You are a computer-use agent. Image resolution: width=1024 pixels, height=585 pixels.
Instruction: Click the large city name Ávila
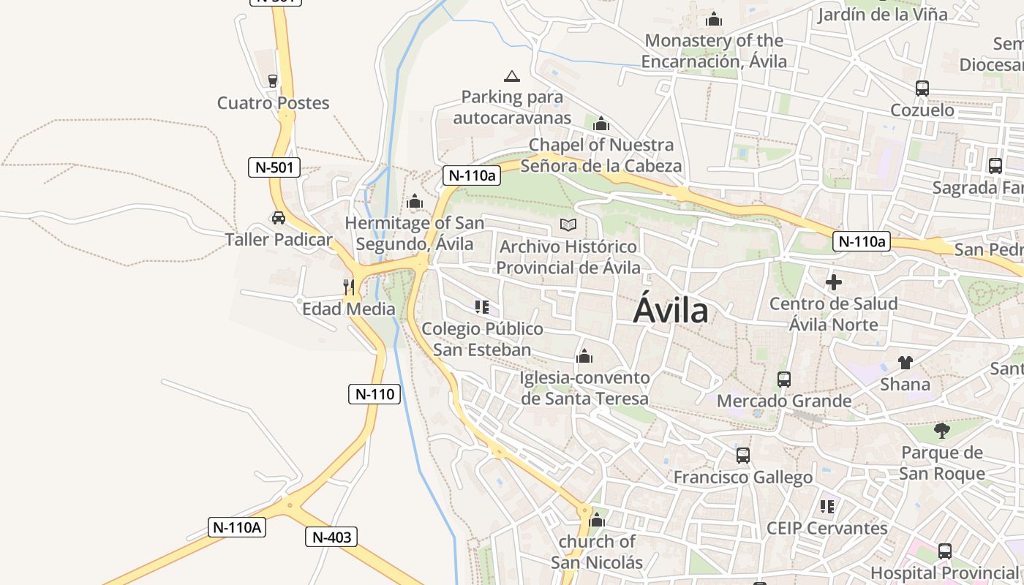point(671,310)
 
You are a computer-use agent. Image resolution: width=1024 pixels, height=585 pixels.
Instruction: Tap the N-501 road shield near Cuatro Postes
point(274,167)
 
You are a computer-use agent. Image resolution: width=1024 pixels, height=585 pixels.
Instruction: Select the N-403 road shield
point(331,537)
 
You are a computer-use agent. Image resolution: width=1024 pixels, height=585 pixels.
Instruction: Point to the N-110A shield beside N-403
point(236,527)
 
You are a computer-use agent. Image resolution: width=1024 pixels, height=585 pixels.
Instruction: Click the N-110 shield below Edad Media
point(374,394)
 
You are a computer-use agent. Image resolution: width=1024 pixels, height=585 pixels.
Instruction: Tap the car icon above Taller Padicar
point(279,218)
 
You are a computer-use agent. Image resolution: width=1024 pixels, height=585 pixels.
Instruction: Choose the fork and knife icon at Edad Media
point(349,287)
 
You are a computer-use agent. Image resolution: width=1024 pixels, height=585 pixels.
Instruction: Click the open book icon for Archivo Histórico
point(568,225)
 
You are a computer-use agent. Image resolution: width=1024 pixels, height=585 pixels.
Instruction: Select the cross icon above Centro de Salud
point(833,282)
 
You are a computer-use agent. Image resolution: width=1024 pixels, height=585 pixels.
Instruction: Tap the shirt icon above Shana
point(906,363)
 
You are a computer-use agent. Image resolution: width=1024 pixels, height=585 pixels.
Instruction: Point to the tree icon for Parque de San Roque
point(942,431)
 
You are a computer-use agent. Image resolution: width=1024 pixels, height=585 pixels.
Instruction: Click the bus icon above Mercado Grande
point(784,380)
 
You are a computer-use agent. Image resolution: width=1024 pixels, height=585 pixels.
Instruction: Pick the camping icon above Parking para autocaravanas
point(512,76)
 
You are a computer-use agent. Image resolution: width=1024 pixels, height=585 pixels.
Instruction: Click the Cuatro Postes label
point(274,103)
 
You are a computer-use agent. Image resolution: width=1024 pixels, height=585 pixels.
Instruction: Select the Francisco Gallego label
point(743,478)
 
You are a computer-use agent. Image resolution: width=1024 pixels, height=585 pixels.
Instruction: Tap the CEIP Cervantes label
point(827,528)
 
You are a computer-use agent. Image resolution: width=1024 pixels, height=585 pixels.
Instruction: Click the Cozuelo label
point(922,110)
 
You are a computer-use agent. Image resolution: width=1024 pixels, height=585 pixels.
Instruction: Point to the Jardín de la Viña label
point(883,14)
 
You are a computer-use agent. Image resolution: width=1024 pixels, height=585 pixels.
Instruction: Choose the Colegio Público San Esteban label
point(482,339)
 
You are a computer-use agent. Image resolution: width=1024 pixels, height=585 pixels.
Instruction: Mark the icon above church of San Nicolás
point(597,521)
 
